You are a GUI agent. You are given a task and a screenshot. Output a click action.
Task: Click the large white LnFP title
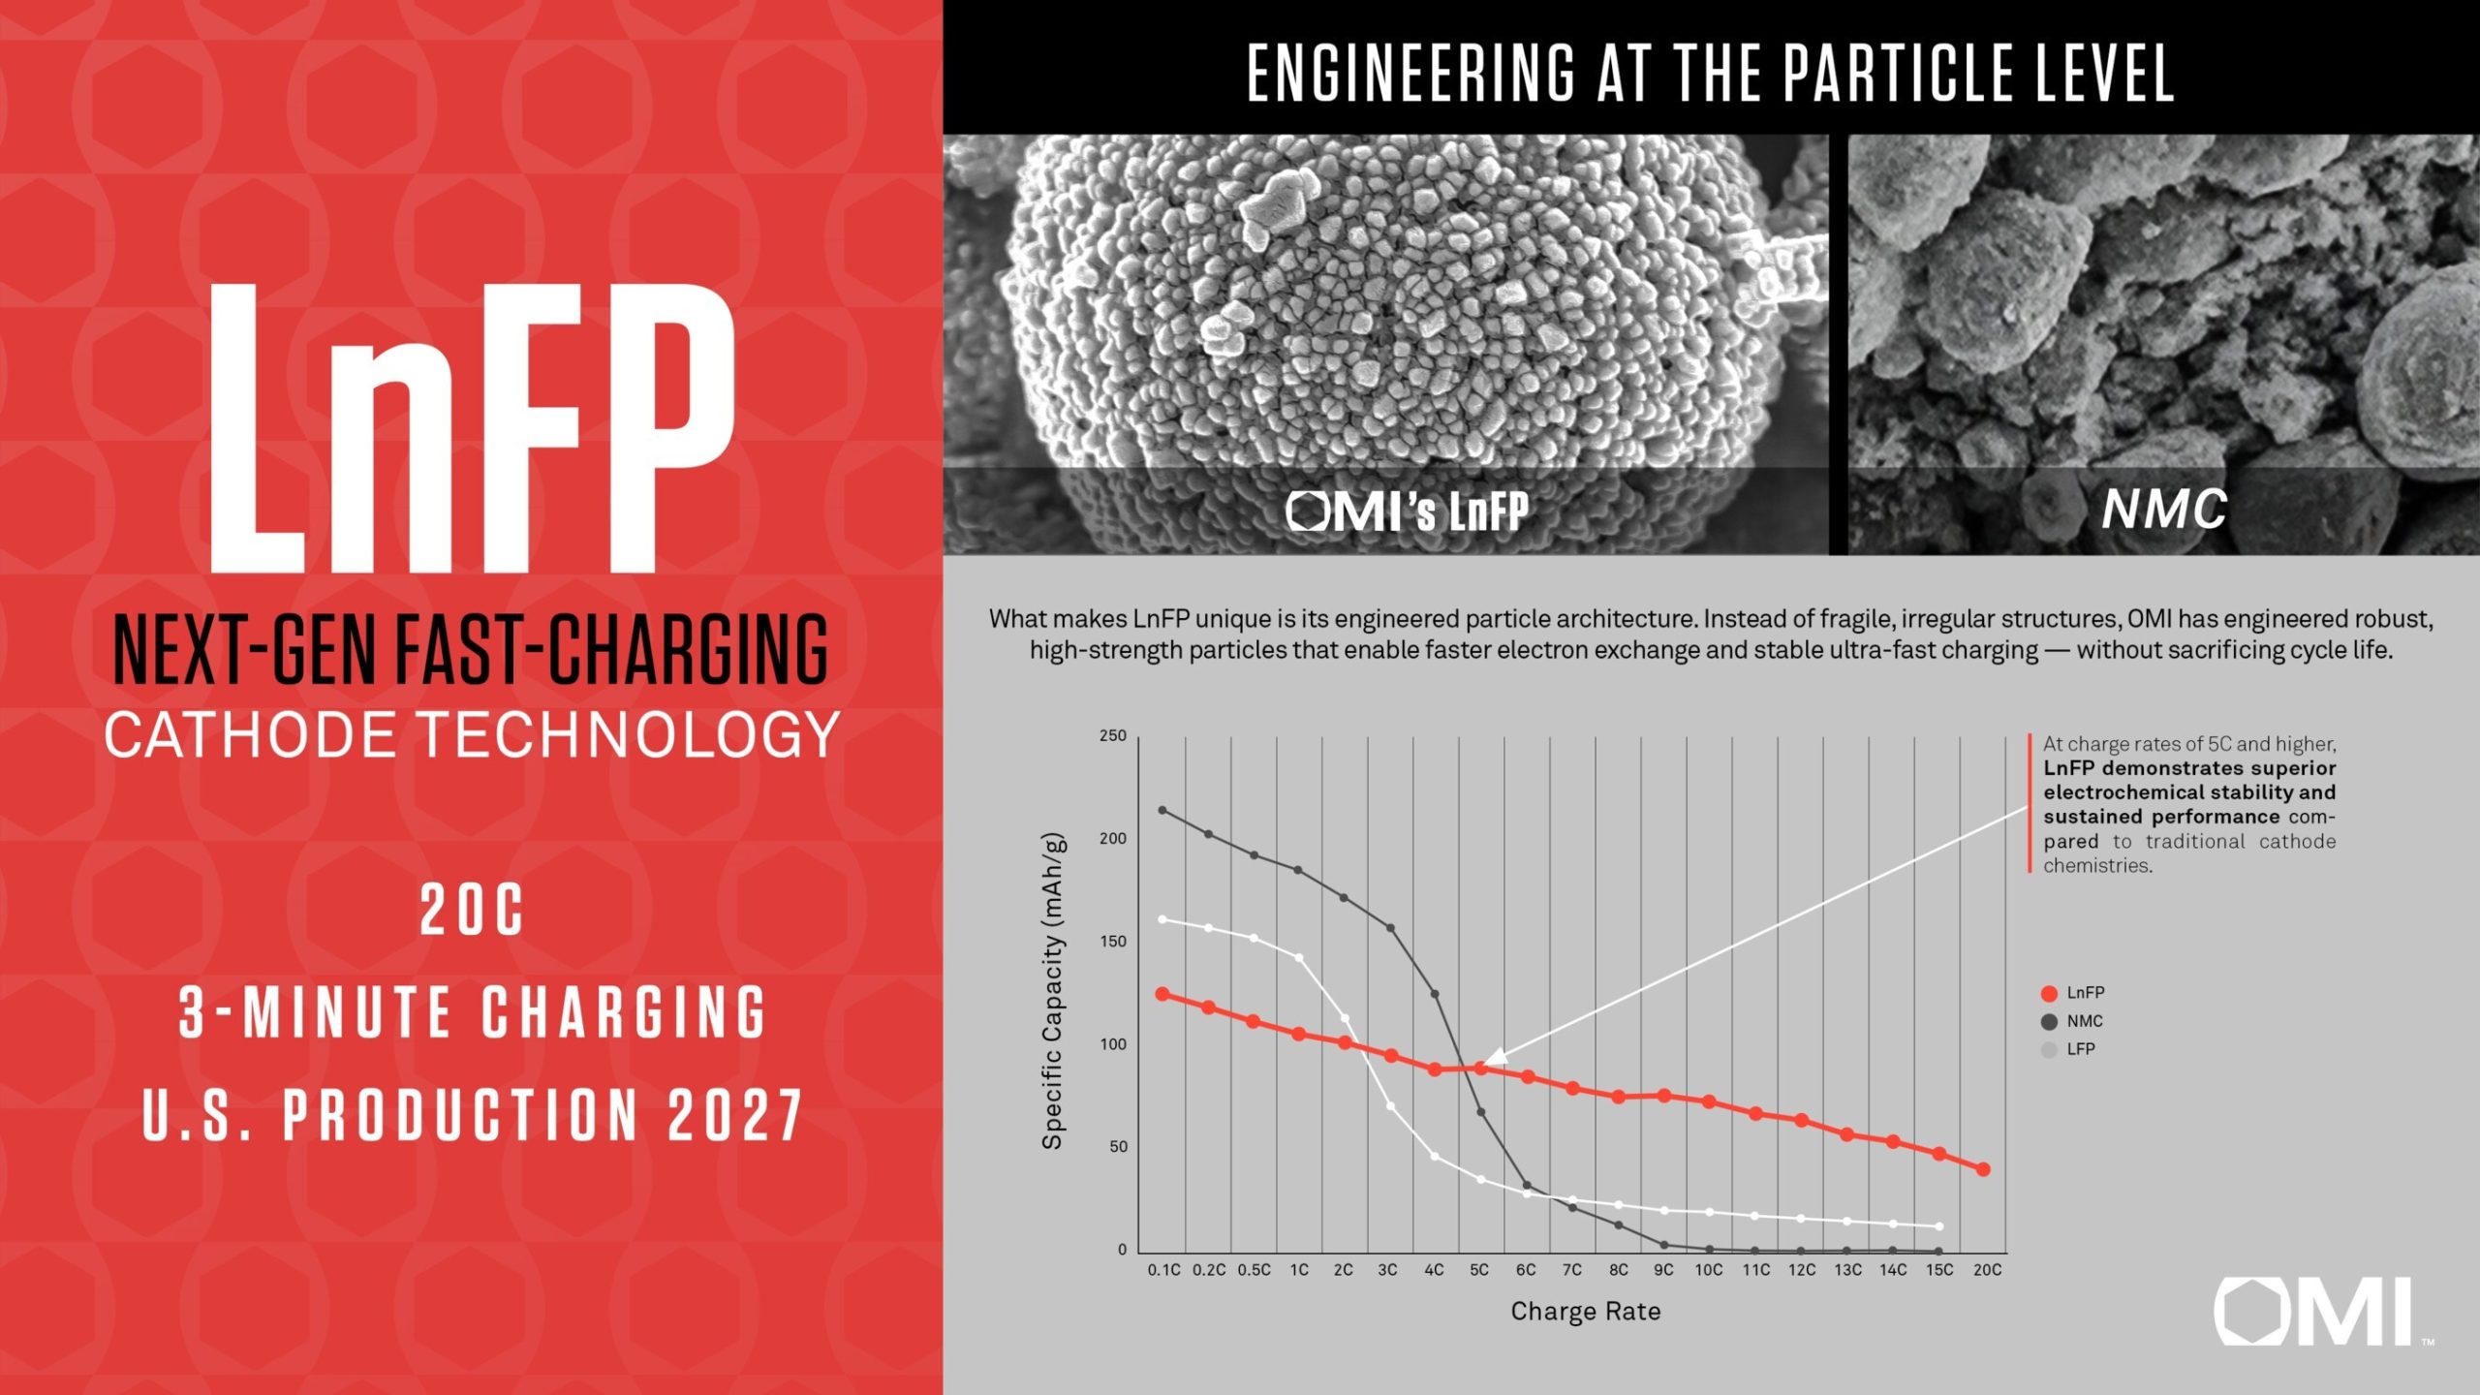[x=472, y=429]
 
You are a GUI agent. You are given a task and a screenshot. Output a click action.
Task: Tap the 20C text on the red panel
[x=472, y=911]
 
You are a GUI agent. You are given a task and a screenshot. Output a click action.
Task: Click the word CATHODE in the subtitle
[x=250, y=735]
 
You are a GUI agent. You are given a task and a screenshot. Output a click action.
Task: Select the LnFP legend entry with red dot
[x=2072, y=993]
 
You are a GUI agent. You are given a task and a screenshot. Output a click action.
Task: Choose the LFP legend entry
[x=2069, y=1049]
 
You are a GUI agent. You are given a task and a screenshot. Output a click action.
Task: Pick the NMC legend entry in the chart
[x=2072, y=1021]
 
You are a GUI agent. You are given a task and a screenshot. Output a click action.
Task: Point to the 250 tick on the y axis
[x=1112, y=736]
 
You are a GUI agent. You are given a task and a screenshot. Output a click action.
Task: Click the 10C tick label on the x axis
[x=1708, y=1270]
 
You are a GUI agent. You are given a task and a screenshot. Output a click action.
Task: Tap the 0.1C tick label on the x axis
[x=1163, y=1270]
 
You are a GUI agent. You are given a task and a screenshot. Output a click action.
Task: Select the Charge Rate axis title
[x=1585, y=1312]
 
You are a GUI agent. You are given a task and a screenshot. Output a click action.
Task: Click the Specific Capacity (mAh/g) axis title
[x=1053, y=991]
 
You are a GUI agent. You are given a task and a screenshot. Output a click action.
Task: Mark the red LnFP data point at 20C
[x=1983, y=1169]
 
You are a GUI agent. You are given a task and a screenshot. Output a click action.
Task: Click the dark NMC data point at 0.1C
[x=1162, y=810]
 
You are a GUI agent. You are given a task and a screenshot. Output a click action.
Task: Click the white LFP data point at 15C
[x=1938, y=1226]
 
